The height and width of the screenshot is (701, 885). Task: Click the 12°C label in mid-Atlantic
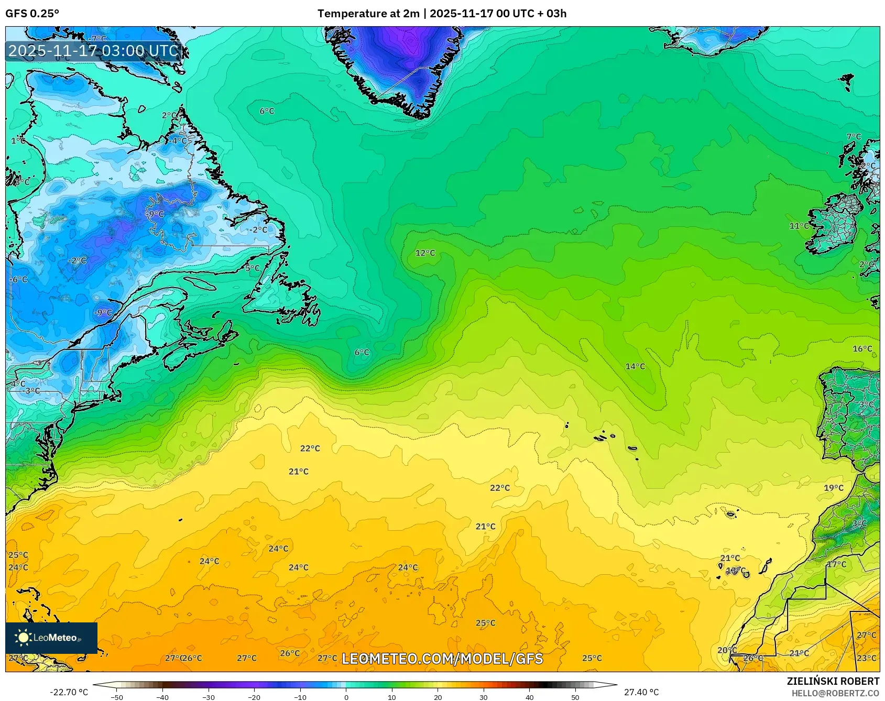click(x=425, y=253)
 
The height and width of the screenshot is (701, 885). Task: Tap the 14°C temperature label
click(x=635, y=366)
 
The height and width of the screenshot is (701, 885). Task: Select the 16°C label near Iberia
click(x=862, y=349)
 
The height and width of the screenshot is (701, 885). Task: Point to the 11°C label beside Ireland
click(x=799, y=226)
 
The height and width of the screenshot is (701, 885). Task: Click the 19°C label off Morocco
click(x=834, y=488)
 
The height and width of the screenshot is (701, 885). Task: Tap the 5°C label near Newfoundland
click(x=253, y=268)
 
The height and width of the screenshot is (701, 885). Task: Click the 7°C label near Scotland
click(x=854, y=137)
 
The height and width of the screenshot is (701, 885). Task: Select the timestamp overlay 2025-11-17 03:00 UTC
click(x=94, y=51)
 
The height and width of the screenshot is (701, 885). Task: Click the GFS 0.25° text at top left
click(x=32, y=14)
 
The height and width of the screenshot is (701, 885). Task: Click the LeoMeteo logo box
click(x=51, y=638)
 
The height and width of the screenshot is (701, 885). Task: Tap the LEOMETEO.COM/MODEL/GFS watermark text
click(x=442, y=659)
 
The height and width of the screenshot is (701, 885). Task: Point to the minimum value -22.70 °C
click(x=69, y=692)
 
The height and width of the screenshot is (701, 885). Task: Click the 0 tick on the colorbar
click(x=346, y=697)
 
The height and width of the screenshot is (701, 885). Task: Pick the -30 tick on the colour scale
click(x=208, y=697)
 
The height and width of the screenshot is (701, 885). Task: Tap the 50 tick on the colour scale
click(x=575, y=697)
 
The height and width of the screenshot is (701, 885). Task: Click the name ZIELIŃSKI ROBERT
click(x=833, y=681)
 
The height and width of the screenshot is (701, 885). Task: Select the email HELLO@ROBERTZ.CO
click(x=835, y=693)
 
